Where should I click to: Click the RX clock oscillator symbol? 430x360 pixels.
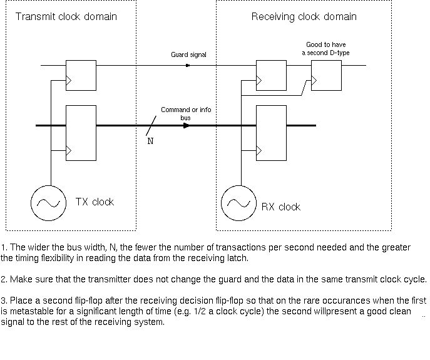tap(238, 202)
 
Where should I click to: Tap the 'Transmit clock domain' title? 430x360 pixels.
tap(66, 16)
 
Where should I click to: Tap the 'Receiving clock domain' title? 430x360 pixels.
tap(304, 16)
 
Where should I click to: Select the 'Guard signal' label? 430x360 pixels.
tap(188, 55)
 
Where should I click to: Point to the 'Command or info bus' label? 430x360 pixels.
tap(186, 113)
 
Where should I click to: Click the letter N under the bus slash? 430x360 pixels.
tap(150, 141)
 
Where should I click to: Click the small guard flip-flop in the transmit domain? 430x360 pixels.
tap(81, 75)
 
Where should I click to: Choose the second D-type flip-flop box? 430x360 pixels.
tap(327, 75)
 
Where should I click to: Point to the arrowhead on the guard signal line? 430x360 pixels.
tap(188, 65)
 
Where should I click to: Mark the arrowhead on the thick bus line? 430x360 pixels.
tap(186, 126)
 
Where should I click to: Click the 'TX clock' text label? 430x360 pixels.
tap(95, 202)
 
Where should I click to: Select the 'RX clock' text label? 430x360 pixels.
tap(280, 207)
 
